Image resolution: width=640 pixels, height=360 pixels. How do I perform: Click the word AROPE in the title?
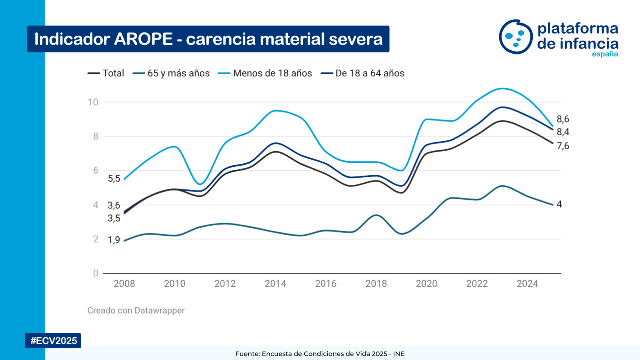(143, 39)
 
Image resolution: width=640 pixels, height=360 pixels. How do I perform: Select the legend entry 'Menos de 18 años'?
(272, 73)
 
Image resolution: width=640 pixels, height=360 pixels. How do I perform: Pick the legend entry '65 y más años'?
(178, 73)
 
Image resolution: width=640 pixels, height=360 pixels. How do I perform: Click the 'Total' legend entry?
(113, 73)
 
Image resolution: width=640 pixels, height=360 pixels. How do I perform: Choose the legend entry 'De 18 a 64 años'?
(370, 73)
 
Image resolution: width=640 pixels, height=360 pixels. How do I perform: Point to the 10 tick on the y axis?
(93, 102)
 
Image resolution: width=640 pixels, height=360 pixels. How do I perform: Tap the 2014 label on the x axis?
(275, 284)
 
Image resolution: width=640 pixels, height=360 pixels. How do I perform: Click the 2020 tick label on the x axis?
(426, 284)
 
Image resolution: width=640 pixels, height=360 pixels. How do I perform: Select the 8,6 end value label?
(563, 119)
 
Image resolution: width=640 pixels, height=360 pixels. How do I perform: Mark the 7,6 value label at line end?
(563, 146)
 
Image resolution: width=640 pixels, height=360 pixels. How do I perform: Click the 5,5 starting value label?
(114, 178)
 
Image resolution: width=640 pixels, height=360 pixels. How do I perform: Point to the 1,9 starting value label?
(114, 240)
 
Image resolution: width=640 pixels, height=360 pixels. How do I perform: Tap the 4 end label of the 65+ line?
(559, 204)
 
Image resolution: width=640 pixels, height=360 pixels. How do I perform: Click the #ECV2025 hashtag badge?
(54, 340)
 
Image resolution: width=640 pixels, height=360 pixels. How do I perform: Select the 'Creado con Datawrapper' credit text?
(136, 310)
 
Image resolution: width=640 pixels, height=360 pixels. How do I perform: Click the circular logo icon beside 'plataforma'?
(516, 37)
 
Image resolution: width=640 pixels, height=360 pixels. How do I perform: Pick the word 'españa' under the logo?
(605, 54)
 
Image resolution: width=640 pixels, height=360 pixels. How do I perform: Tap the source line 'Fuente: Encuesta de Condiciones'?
(320, 354)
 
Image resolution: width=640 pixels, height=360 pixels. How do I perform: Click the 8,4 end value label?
(563, 132)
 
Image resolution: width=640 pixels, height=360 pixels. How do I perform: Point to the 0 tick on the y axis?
(96, 273)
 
